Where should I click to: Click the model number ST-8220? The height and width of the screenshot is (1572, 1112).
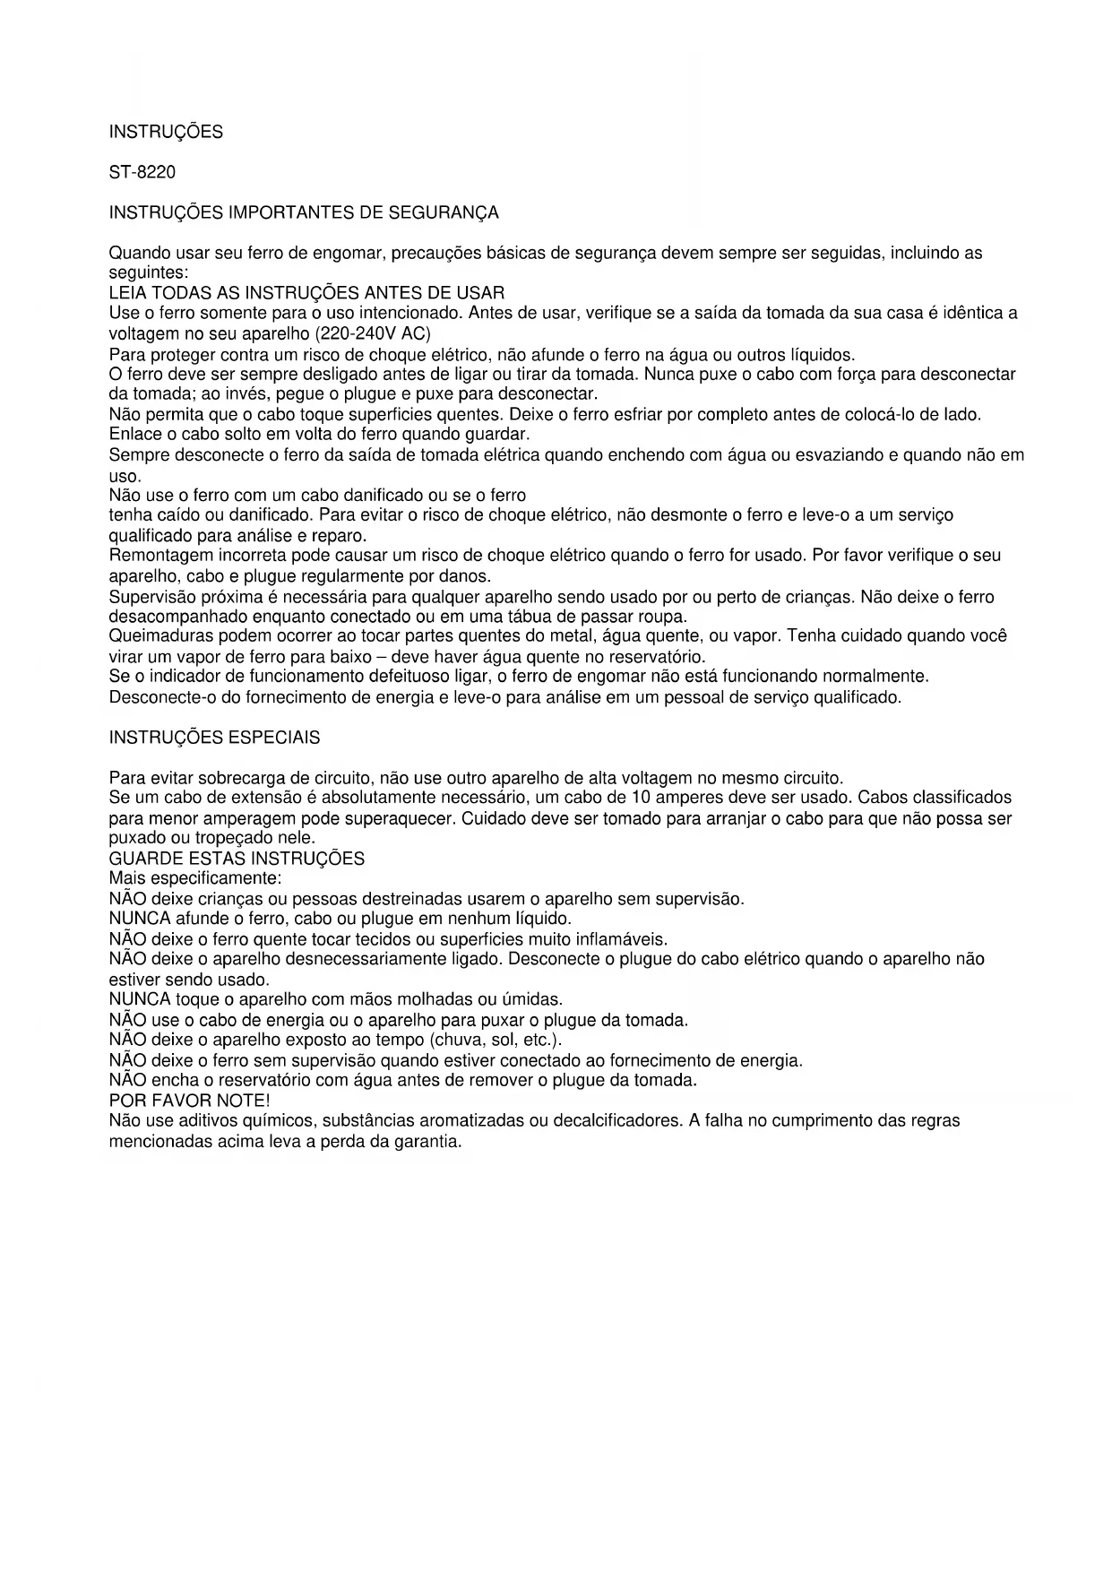point(142,172)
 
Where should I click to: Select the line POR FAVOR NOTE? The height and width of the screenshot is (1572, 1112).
point(189,1100)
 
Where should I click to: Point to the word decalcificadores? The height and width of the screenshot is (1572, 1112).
point(618,1120)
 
